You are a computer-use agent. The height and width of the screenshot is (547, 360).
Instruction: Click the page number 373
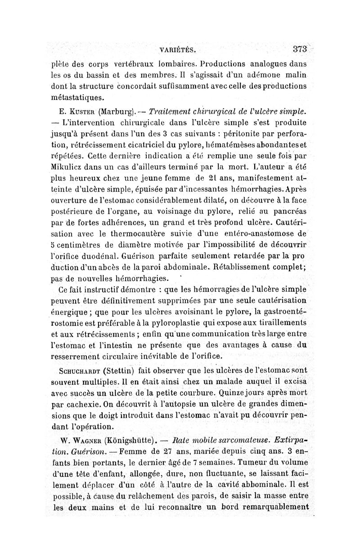coord(299,49)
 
